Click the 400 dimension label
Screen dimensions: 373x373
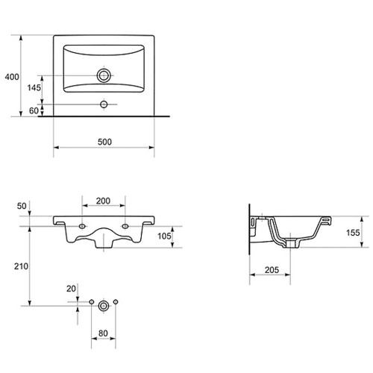coord(12,77)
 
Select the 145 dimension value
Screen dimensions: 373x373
coord(34,87)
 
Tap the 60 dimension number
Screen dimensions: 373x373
coord(34,110)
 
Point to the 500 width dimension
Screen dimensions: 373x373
coord(104,142)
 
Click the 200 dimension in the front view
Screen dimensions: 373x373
coord(103,201)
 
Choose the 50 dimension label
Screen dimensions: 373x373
coord(22,206)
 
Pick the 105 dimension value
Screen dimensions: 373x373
coord(164,236)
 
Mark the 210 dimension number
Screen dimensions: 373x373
coord(21,266)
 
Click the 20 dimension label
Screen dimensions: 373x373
coord(71,289)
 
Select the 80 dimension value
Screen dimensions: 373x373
coord(103,333)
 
